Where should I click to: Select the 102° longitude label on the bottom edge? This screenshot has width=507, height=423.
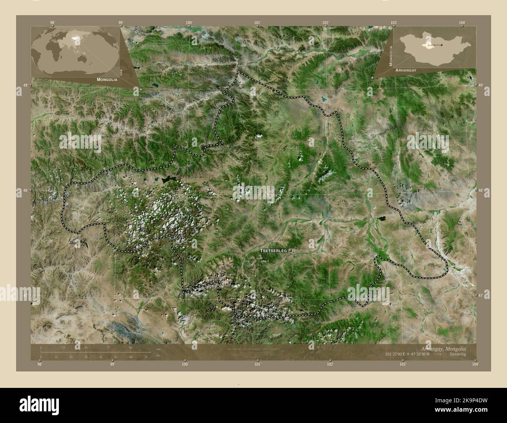pyautogui.click(x=330, y=364)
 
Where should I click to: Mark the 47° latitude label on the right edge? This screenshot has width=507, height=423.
pyautogui.click(x=480, y=296)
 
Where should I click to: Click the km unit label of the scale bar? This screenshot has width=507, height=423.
pyautogui.click(x=158, y=348)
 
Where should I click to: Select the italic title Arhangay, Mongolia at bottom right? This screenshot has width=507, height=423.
pyautogui.click(x=443, y=348)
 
